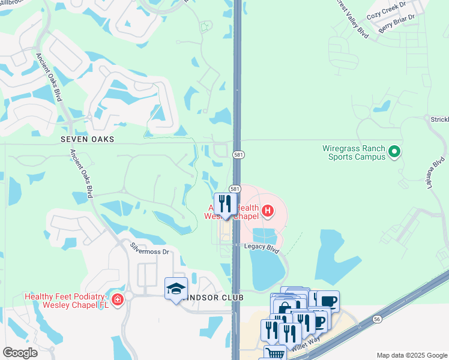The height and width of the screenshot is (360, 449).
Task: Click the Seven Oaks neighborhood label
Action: coord(87,139)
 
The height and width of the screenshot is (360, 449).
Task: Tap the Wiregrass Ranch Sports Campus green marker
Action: coord(394,152)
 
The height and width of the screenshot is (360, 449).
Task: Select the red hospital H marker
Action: coord(268,211)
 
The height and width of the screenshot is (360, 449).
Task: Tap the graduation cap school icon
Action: coord(176,289)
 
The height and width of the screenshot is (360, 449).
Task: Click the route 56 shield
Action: coord(376,320)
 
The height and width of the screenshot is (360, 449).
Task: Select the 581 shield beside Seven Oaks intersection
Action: coord(238,155)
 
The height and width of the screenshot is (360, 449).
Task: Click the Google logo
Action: coord(20,353)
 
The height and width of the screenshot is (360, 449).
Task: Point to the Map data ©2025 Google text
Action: coord(412,355)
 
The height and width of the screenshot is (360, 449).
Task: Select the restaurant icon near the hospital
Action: coord(225,204)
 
